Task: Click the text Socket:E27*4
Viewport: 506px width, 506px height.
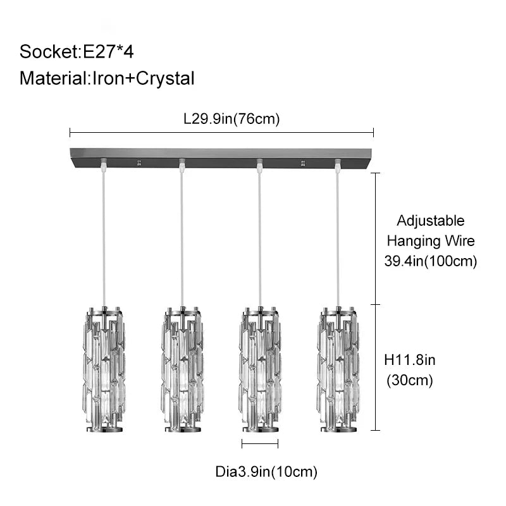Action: (x=77, y=52)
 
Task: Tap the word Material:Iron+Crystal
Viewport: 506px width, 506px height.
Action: (x=107, y=78)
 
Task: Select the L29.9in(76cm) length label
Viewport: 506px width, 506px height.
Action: (x=231, y=119)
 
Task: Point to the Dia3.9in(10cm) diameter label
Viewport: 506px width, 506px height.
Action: (x=266, y=472)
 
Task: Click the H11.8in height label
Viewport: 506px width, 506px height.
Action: (x=409, y=360)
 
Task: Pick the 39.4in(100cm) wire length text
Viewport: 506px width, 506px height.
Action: (x=431, y=261)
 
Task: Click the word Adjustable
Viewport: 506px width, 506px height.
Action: (x=431, y=221)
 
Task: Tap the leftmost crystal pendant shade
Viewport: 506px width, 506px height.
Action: (x=104, y=369)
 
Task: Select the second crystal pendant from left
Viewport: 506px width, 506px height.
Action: (x=182, y=369)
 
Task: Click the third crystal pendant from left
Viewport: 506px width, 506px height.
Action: (x=260, y=369)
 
